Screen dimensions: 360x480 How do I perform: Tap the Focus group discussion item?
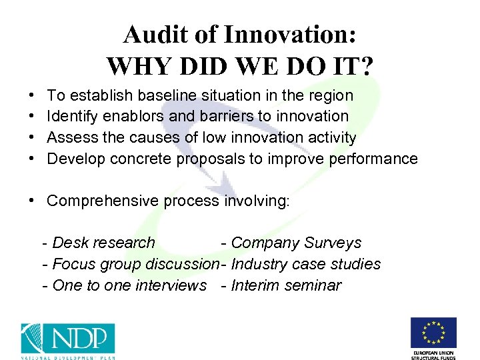point(130,265)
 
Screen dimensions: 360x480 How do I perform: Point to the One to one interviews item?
point(125,286)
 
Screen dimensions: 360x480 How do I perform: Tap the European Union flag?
point(433,333)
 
